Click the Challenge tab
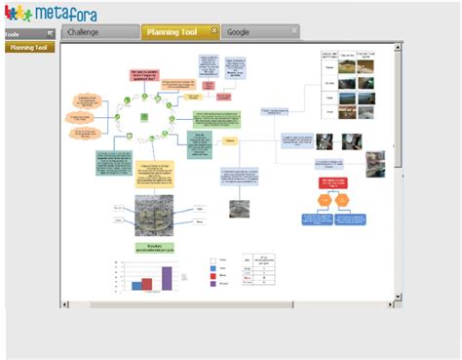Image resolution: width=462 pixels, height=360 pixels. pyautogui.click(x=83, y=31)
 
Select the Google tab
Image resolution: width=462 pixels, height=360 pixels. pyautogui.click(x=239, y=31)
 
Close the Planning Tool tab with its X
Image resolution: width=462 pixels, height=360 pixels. pyautogui.click(x=214, y=30)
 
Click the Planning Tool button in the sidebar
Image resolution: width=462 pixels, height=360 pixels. pyautogui.click(x=28, y=47)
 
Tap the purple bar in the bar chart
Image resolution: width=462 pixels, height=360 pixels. pyautogui.click(x=167, y=278)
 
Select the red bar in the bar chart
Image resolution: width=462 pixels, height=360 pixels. pyautogui.click(x=147, y=284)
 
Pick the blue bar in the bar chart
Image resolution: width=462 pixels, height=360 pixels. pyautogui.click(x=137, y=287)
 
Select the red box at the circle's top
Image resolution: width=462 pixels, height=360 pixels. pyautogui.click(x=142, y=76)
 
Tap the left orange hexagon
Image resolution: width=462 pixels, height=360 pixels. pyautogui.click(x=324, y=201)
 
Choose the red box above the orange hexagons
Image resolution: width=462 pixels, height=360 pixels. pyautogui.click(x=333, y=182)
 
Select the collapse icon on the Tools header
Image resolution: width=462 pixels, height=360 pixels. pyautogui.click(x=51, y=34)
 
